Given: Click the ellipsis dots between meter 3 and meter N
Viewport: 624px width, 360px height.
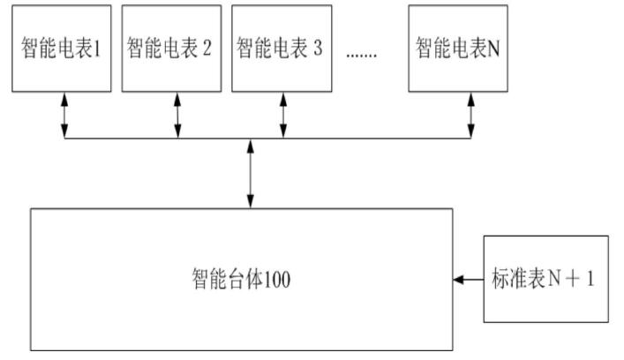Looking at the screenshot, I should click(361, 53).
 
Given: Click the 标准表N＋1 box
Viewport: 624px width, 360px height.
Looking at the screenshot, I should click(545, 280).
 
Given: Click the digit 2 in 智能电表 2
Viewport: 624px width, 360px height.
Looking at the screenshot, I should click(207, 49).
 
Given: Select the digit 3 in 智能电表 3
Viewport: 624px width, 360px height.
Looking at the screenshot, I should click(314, 49).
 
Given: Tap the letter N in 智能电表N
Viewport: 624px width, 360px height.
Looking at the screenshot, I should click(493, 49).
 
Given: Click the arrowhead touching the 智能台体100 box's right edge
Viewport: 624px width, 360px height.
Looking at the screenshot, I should click(458, 281).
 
